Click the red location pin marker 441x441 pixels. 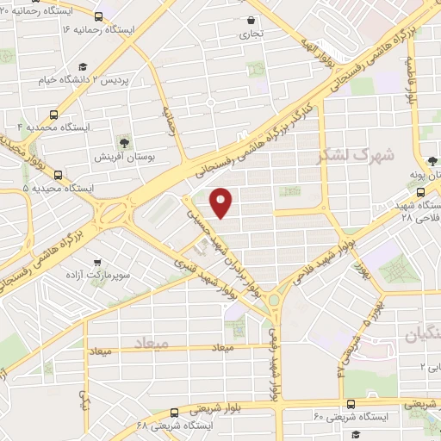click(x=222, y=202)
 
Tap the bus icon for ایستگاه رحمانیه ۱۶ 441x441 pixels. click(x=98, y=16)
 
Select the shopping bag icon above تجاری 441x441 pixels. click(x=251, y=20)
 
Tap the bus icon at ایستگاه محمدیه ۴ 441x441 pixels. click(x=55, y=115)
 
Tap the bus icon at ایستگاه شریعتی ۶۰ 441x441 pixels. click(x=350, y=402)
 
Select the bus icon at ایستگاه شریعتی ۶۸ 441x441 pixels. click(x=176, y=412)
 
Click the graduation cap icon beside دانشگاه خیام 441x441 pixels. click(x=82, y=65)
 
